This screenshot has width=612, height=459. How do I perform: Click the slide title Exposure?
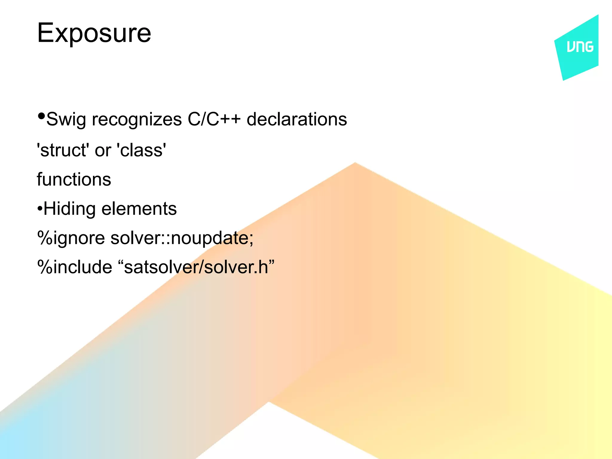click(x=94, y=33)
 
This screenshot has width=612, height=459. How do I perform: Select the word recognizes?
click(x=137, y=120)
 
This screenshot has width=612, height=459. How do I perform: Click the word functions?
click(x=74, y=180)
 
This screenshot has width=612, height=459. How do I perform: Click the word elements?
click(x=139, y=209)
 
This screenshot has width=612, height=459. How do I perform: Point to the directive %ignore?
click(x=71, y=238)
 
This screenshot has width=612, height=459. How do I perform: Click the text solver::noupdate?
click(x=182, y=238)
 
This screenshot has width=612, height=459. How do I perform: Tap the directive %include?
click(x=74, y=267)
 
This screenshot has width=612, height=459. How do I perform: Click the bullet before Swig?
click(x=41, y=116)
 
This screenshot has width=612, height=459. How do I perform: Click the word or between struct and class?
click(x=103, y=151)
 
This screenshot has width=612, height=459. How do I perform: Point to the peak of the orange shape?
click(x=355, y=164)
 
